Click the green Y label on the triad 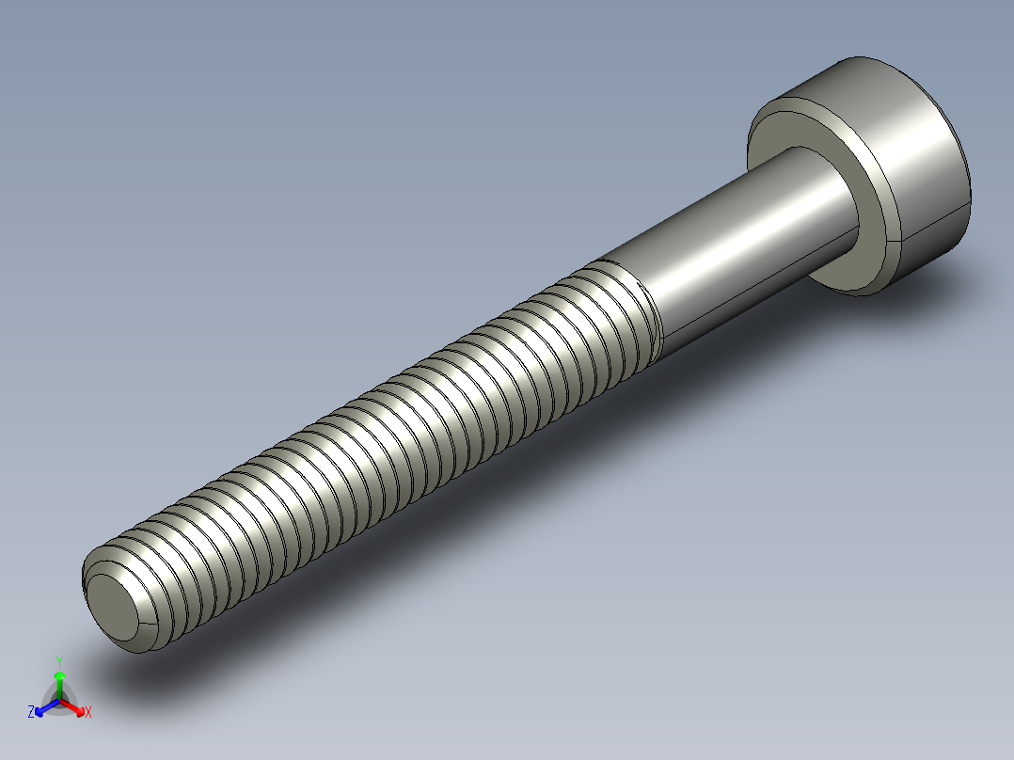coord(59,661)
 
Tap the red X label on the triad coord(88,713)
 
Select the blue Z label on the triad coord(31,712)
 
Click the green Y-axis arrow coord(59,681)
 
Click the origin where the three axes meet coord(59,700)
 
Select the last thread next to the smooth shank coord(640,310)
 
